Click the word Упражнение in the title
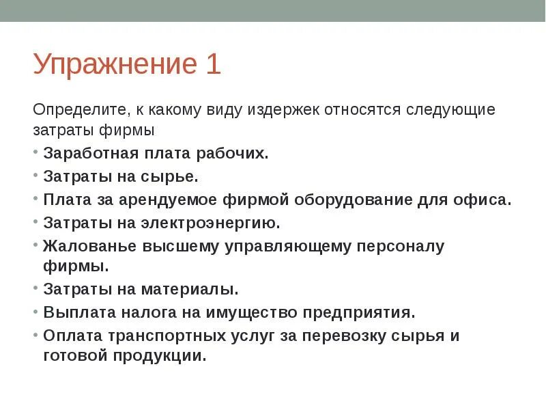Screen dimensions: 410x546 [x=113, y=66]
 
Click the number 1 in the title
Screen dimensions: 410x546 [x=212, y=64]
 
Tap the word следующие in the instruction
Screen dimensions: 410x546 [x=451, y=109]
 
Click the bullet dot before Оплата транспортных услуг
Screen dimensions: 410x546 [x=35, y=336]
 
